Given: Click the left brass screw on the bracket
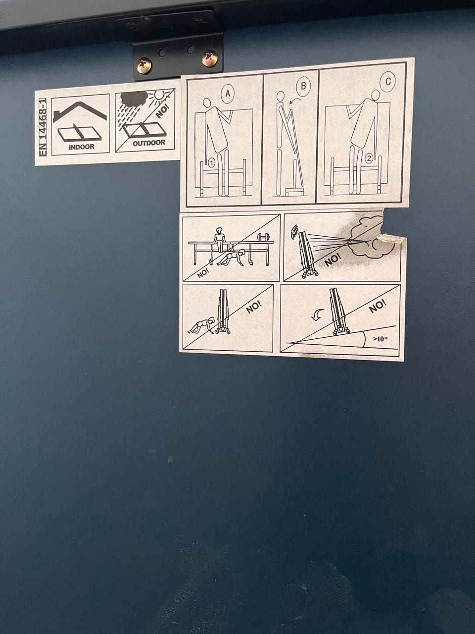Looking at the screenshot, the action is [x=144, y=65].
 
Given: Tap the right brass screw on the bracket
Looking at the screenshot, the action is [x=210, y=58].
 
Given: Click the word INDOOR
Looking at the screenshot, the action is [x=82, y=147].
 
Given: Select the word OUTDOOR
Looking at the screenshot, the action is [x=149, y=143].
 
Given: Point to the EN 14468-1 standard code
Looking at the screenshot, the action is [x=43, y=127].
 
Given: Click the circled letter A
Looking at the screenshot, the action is [x=228, y=93].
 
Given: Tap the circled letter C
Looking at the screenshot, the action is [x=388, y=81].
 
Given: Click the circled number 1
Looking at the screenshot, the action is [x=211, y=163].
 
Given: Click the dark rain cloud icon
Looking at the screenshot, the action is [x=134, y=98].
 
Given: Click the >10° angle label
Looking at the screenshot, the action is [x=380, y=339].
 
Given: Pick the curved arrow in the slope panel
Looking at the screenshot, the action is [x=318, y=315].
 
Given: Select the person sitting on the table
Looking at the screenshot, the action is [x=220, y=239].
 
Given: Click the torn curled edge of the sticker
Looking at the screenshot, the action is [x=392, y=238].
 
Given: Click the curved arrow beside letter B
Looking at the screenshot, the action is [x=295, y=101].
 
